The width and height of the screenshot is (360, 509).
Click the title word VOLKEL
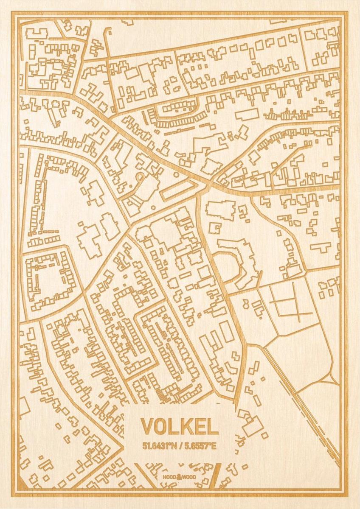pos(180,426)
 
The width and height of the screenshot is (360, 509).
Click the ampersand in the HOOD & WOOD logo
pos(180,477)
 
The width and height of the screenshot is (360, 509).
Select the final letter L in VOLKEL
pos(212,426)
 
